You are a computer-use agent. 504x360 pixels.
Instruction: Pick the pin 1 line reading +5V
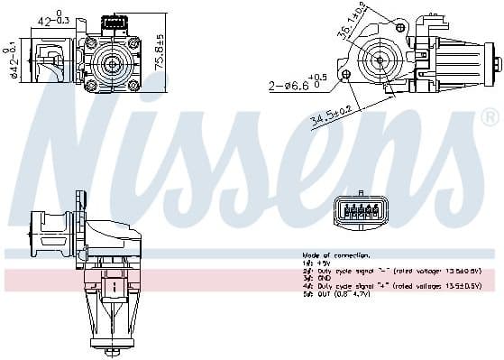[x=315, y=263]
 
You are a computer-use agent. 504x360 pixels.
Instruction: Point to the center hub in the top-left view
[x=114, y=62]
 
